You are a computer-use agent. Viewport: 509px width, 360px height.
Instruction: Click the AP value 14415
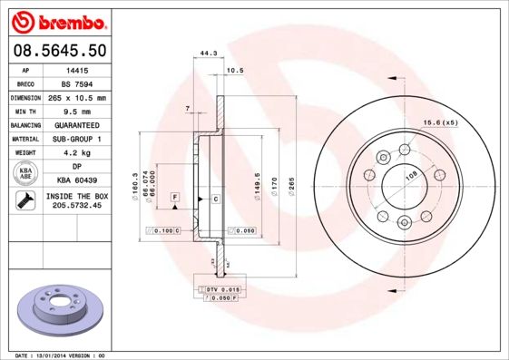pyautogui.click(x=78, y=69)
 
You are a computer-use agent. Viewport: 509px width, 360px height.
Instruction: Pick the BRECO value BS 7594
pyautogui.click(x=78, y=83)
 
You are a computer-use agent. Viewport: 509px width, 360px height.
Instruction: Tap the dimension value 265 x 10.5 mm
pyautogui.click(x=78, y=97)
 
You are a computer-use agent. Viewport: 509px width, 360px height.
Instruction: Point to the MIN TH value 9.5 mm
pyautogui.click(x=78, y=111)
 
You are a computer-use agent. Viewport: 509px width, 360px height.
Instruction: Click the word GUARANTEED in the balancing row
pyautogui.click(x=78, y=125)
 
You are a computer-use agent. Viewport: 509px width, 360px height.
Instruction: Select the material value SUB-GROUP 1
pyautogui.click(x=78, y=139)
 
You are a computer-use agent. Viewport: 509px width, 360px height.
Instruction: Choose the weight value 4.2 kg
pyautogui.click(x=78, y=153)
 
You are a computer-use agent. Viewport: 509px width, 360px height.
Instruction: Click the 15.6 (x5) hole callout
pyautogui.click(x=438, y=122)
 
